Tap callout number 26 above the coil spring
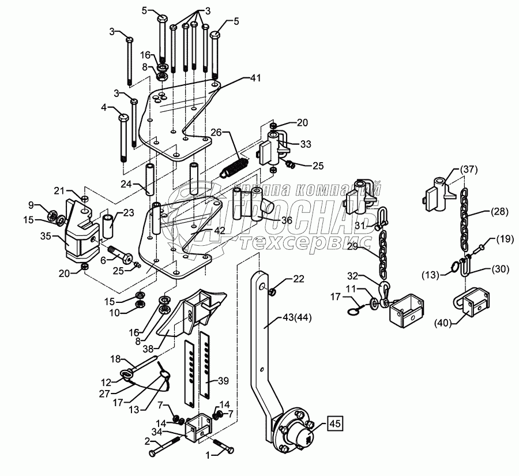pyautogui.click(x=216, y=132)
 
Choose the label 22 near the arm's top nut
pyautogui.click(x=298, y=279)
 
